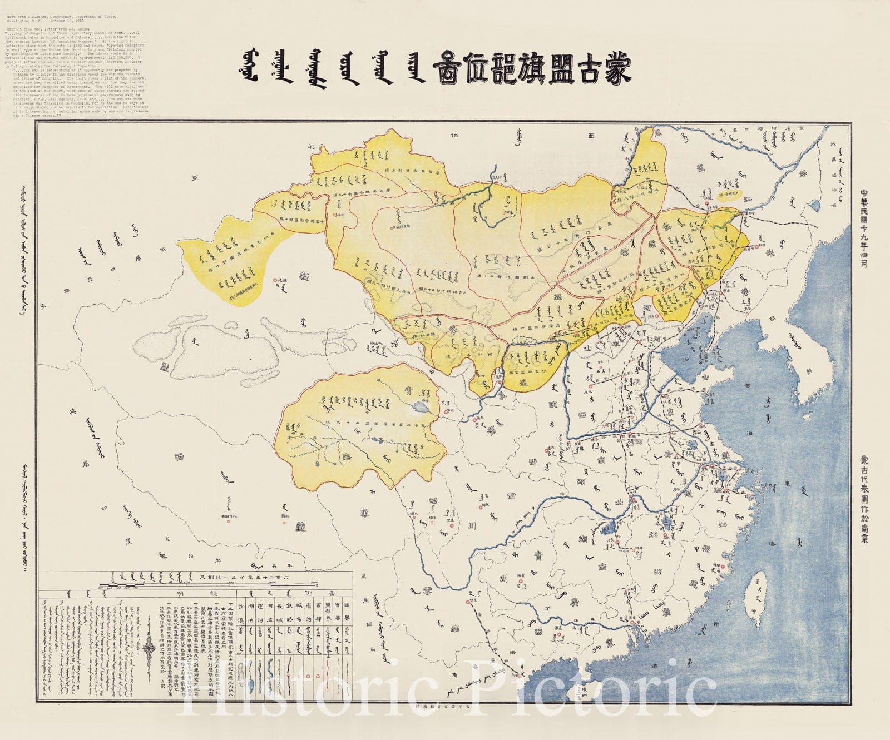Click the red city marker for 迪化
pyautogui.click(x=275, y=280)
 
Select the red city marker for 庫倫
pyautogui.click(x=505, y=213)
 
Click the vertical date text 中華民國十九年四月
pyautogui.click(x=864, y=229)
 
